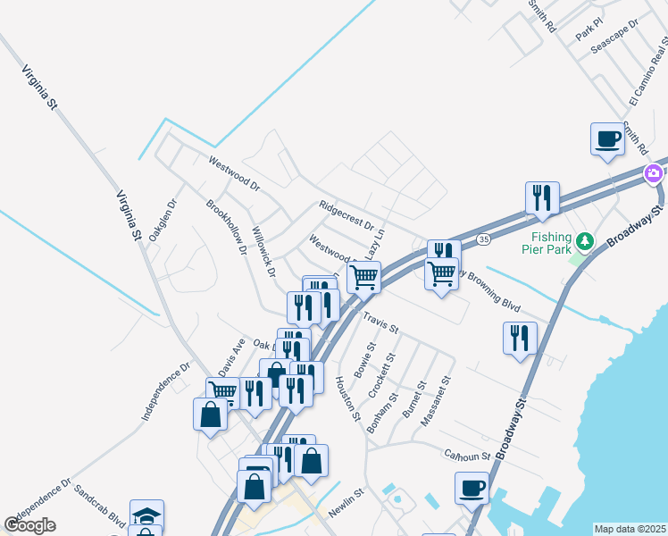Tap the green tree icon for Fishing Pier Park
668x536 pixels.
(x=584, y=240)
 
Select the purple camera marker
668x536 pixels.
(x=655, y=172)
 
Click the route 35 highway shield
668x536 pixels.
(x=483, y=239)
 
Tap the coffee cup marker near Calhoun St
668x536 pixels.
(x=472, y=489)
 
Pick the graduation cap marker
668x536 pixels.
(x=146, y=515)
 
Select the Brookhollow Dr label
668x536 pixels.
(x=227, y=228)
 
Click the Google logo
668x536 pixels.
(x=30, y=525)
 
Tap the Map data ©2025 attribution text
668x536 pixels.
(x=630, y=529)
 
